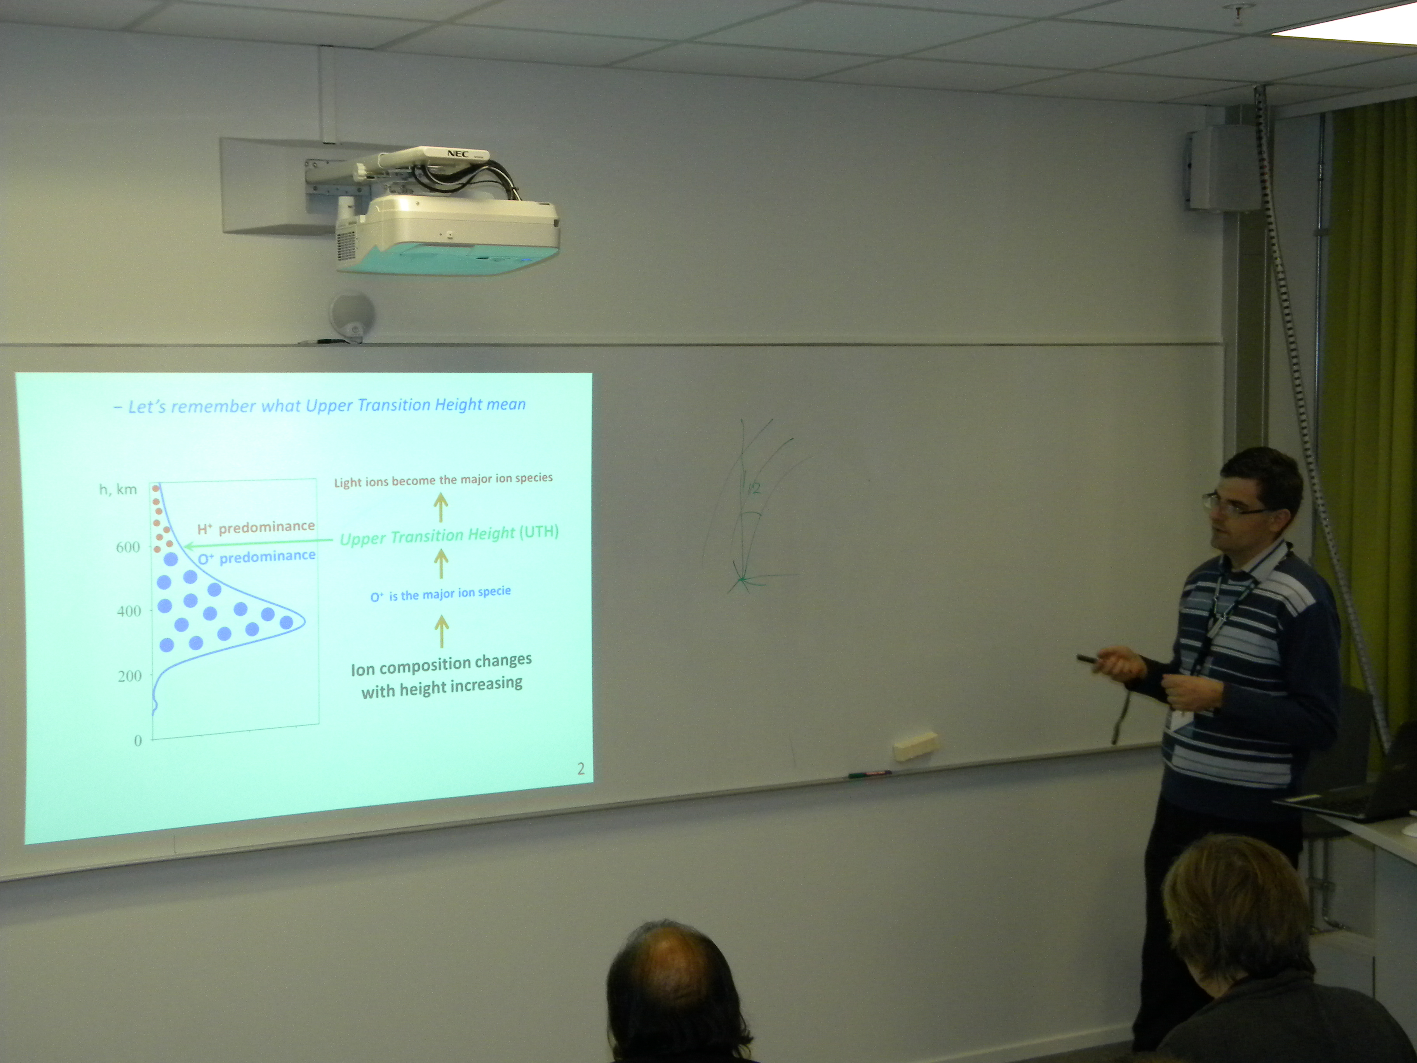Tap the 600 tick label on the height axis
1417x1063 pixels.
tap(127, 547)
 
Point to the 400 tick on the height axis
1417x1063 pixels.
tap(129, 611)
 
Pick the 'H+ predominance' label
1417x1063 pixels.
tap(256, 527)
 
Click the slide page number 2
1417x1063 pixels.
tap(580, 769)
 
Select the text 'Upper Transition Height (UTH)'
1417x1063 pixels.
tap(449, 534)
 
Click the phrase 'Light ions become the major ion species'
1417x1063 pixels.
tap(443, 480)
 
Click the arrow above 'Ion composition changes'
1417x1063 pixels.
tap(441, 631)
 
